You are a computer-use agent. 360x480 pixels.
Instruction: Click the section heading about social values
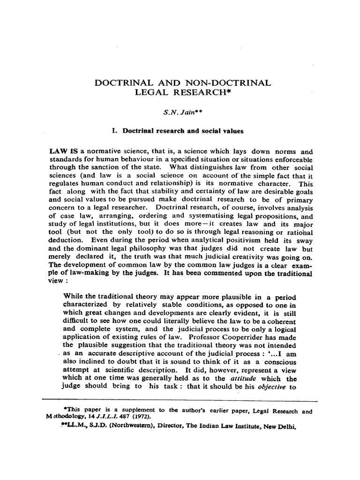pyautogui.click(x=178, y=131)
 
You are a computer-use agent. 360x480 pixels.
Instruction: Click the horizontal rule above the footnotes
pyautogui.click(x=180, y=401)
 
